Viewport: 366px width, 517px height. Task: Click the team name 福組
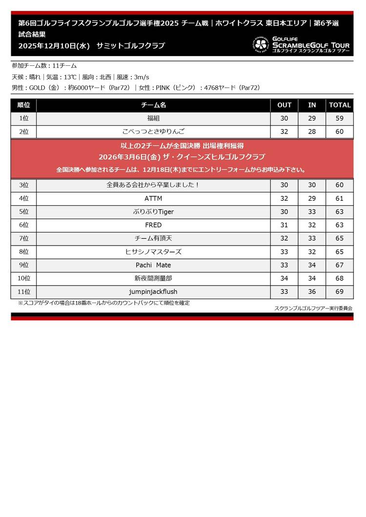153,118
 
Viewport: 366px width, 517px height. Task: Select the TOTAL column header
340,105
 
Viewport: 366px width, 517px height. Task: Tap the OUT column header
285,105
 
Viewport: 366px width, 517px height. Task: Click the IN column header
312,105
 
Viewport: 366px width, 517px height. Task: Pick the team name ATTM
153,199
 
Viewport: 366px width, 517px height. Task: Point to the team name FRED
153,225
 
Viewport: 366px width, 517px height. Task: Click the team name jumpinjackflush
153,292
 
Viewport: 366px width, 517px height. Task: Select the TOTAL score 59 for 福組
340,118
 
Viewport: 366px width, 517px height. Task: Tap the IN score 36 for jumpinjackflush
312,292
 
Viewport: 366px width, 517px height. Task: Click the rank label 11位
24,292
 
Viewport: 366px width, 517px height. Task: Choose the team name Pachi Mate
153,265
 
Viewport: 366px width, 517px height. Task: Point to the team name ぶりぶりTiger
153,212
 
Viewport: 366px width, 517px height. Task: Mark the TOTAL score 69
340,292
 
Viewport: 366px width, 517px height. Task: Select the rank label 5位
24,212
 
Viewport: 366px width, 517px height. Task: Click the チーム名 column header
153,105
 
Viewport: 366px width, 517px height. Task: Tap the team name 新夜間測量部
153,278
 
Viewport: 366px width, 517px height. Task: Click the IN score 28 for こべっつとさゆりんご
312,132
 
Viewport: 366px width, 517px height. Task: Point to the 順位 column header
24,105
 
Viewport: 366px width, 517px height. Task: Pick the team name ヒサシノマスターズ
153,252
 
